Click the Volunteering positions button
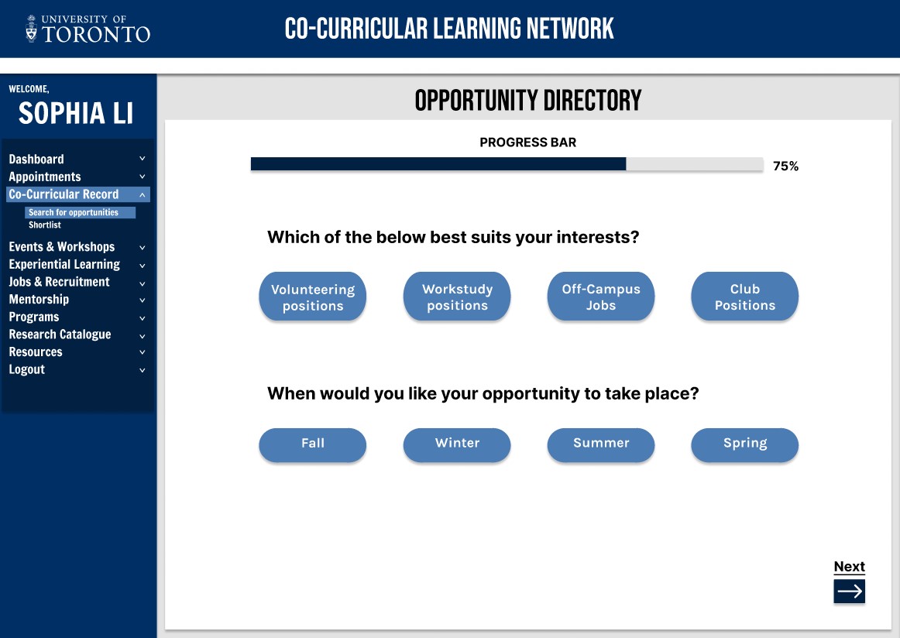[313, 297]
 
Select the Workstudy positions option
[457, 297]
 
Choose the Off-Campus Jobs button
[601, 297]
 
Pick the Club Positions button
[745, 297]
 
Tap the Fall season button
[313, 444]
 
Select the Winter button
[457, 444]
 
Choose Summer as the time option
[601, 444]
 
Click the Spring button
[745, 444]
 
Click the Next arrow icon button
[850, 591]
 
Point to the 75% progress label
[786, 166]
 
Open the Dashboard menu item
[36, 159]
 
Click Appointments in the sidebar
[45, 177]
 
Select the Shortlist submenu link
[45, 225]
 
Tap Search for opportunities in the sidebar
[74, 212]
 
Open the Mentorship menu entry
[39, 300]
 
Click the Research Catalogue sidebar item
[60, 334]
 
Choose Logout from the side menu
[27, 369]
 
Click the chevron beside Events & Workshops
[143, 247]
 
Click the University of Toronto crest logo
[32, 29]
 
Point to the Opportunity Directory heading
[528, 101]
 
